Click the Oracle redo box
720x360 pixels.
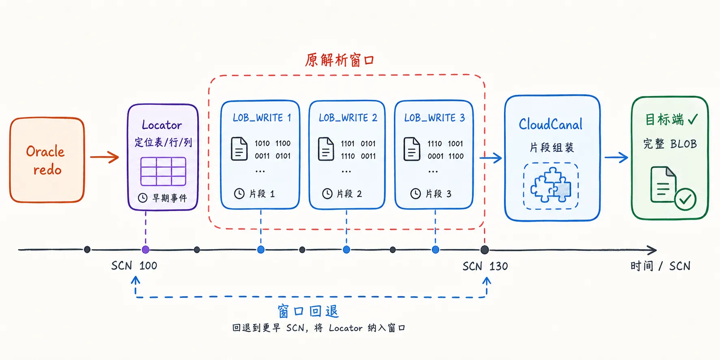(47, 160)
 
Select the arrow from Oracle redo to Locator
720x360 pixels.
(104, 157)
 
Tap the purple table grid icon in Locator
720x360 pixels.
(163, 172)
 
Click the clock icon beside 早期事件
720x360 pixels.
(142, 198)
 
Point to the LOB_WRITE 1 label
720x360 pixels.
(262, 118)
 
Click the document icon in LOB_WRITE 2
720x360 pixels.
(326, 149)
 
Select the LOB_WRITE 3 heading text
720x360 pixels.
(434, 118)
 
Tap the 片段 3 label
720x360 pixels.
(438, 194)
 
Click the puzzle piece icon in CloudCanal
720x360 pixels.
(551, 185)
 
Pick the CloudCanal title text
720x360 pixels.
(551, 124)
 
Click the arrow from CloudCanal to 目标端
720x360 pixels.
(616, 157)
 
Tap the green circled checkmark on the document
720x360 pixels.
(686, 199)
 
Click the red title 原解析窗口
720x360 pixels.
(340, 60)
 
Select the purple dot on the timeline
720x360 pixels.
(146, 250)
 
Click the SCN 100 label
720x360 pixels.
(134, 266)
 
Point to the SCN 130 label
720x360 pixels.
(485, 266)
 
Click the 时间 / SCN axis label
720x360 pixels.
(660, 266)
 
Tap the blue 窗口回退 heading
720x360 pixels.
(308, 311)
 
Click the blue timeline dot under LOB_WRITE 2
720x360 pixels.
(347, 250)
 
